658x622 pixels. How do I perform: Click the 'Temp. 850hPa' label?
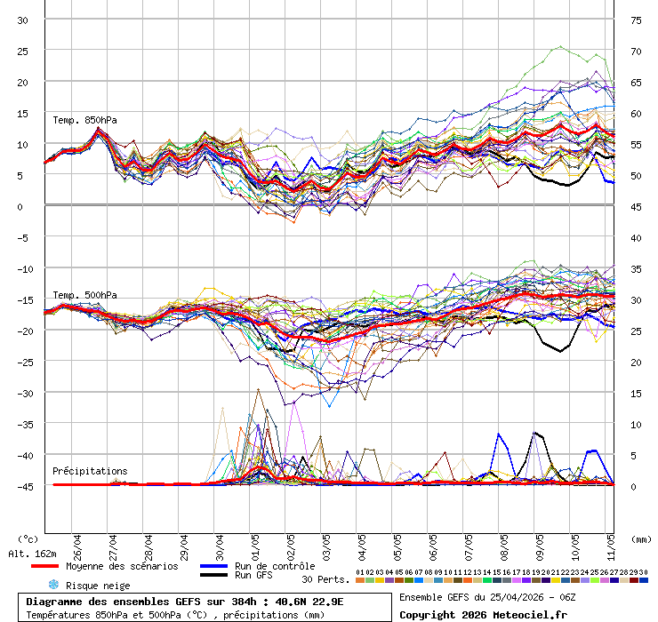pos(84,120)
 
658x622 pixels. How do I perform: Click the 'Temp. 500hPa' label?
pos(84,295)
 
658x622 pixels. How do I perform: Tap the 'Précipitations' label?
pos(90,471)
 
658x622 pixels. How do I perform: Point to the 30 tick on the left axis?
pos(24,20)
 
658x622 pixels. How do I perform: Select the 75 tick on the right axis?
pos(637,20)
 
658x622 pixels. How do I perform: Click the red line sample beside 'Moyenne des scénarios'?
pos(44,566)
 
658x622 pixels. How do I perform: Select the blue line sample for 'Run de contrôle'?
pos(214,566)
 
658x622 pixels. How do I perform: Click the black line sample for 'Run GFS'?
pos(214,576)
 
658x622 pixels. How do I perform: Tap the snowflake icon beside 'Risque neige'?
pos(52,585)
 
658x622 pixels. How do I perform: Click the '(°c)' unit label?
pos(28,538)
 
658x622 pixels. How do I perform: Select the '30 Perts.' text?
pos(325,579)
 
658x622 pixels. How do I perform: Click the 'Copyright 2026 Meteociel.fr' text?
pos(483,614)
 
